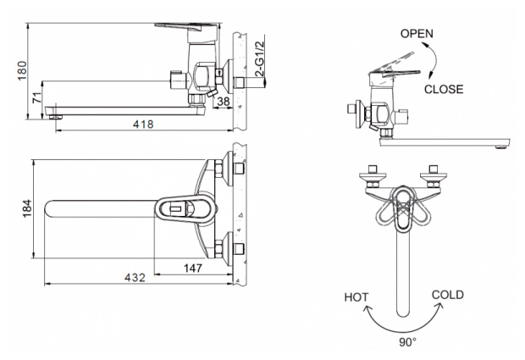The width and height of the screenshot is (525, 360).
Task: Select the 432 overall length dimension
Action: pos(136,277)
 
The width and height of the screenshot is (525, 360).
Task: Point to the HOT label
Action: pos(356,297)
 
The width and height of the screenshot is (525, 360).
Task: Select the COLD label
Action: pos(447,295)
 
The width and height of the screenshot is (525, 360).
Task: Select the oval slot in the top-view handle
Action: pos(175,207)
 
